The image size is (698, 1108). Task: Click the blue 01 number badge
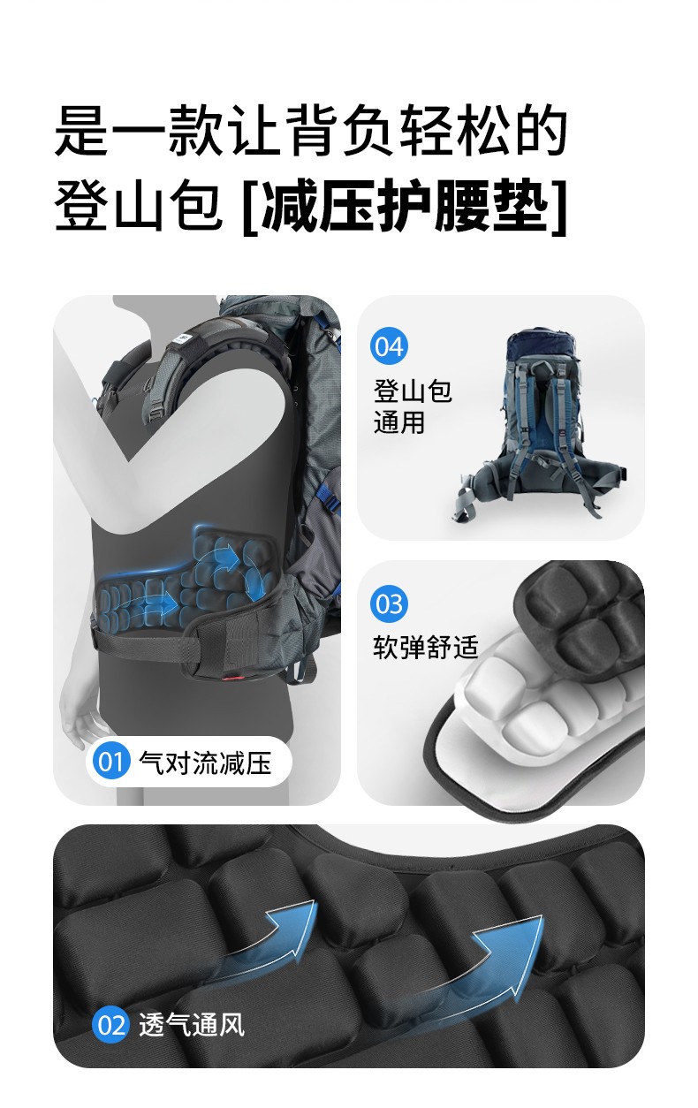tap(110, 762)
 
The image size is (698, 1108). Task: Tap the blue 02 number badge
tap(110, 1024)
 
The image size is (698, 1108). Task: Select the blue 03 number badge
tap(390, 603)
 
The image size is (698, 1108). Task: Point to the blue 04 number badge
tap(390, 346)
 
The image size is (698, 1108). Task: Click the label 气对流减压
tap(205, 763)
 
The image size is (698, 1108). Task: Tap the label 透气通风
tap(192, 1024)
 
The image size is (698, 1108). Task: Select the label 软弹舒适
tap(426, 647)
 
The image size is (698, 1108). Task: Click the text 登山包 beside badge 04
tap(413, 391)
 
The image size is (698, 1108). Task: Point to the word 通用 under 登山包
tap(399, 422)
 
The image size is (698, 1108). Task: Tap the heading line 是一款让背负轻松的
tap(311, 131)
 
